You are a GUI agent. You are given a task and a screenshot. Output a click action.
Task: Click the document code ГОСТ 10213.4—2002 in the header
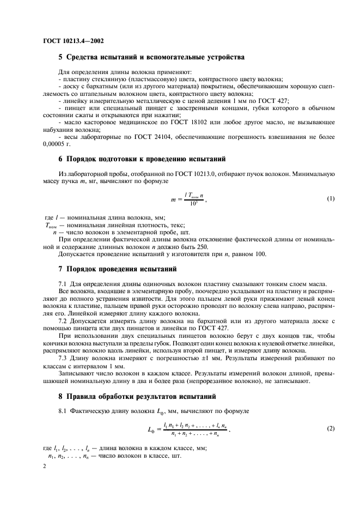73,40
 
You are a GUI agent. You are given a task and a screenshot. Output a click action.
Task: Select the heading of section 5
151,57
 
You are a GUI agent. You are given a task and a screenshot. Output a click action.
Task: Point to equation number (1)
330,199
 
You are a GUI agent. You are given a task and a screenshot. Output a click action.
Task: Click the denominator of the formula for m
193,204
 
